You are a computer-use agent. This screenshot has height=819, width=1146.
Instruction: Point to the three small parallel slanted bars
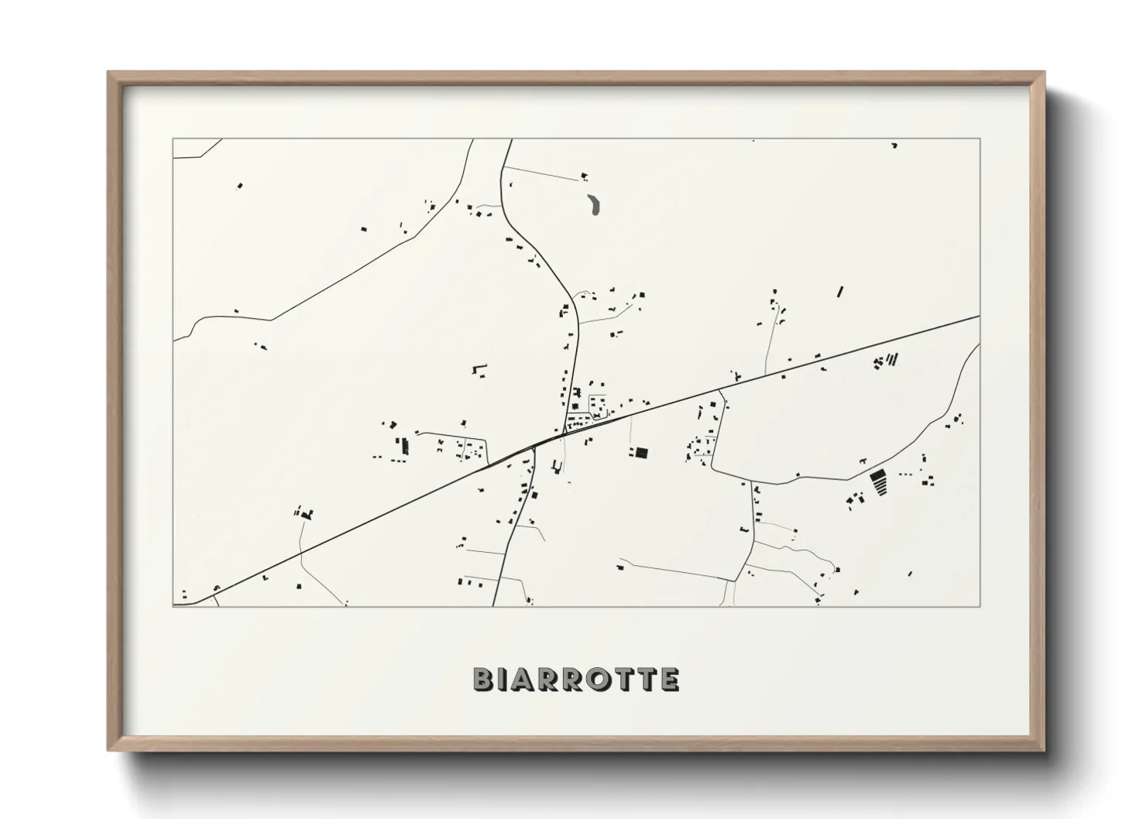(892, 359)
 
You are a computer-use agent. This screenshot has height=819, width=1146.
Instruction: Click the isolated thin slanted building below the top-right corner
(839, 292)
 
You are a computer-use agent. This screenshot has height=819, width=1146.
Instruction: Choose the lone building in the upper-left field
(239, 186)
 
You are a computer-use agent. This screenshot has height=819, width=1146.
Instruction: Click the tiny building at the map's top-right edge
(894, 145)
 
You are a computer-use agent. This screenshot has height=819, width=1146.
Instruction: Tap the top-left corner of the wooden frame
(109, 73)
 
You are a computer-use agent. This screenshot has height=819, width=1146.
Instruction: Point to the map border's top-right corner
(980, 139)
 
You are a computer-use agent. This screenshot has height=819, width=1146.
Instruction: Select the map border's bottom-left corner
(173, 606)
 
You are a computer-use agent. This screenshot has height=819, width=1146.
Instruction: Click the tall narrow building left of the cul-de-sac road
(404, 446)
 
